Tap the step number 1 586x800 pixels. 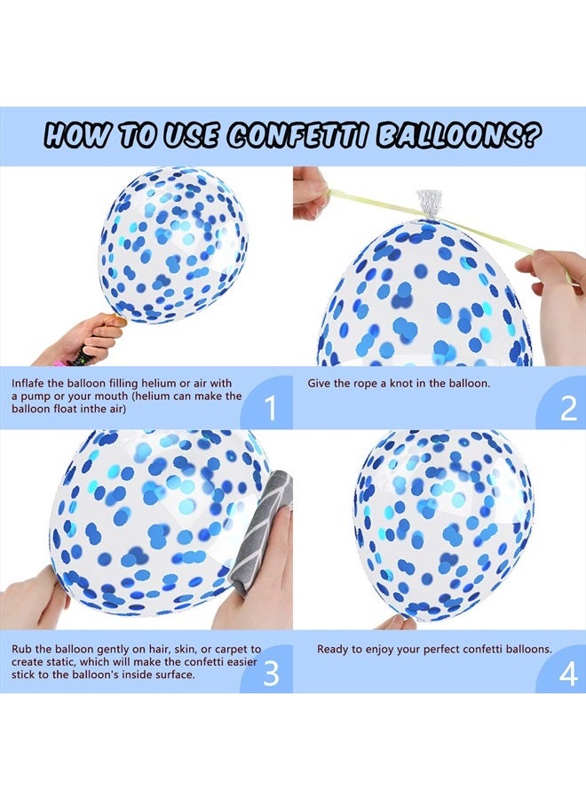[271, 409]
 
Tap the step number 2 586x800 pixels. [568, 409]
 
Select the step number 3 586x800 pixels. [271, 673]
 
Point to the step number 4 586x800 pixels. [568, 673]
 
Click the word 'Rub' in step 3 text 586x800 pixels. [23, 650]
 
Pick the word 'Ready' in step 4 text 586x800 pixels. [334, 650]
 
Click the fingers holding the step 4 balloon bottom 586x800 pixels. [396, 621]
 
